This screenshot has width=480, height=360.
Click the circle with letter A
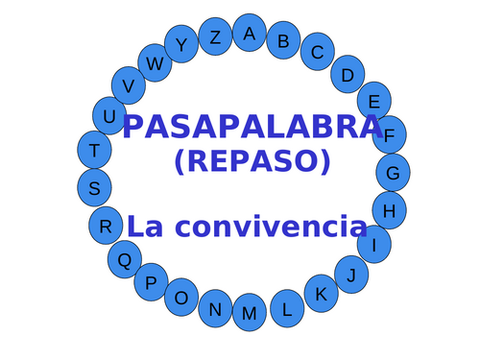pyautogui.click(x=250, y=34)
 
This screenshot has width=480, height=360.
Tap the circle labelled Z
pyautogui.click(x=215, y=37)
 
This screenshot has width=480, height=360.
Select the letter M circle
pyautogui.click(x=250, y=313)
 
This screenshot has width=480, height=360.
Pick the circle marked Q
pyautogui.click(x=124, y=258)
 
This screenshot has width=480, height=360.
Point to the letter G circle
pyautogui.click(x=393, y=173)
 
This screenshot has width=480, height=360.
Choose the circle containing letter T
pyautogui.click(x=94, y=150)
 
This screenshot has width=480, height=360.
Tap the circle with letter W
pyautogui.click(x=155, y=63)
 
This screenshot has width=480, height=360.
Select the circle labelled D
pyautogui.click(x=348, y=74)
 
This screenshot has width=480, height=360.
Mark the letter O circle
pyautogui.click(x=180, y=299)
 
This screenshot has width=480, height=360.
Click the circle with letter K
pyautogui.click(x=322, y=294)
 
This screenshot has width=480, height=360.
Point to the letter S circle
pyautogui.click(x=94, y=188)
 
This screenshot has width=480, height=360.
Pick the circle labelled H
pyautogui.click(x=389, y=210)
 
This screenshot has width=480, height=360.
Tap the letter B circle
pyautogui.click(x=283, y=41)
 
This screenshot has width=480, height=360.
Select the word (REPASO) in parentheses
pyautogui.click(x=252, y=161)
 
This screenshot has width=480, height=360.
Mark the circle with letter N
pyautogui.click(x=215, y=309)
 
